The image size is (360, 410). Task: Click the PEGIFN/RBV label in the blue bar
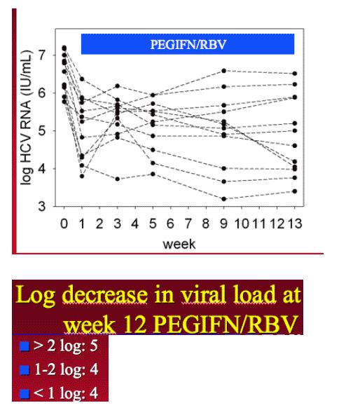tap(188, 44)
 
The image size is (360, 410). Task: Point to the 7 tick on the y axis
tap(42, 55)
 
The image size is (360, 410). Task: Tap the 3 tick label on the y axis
tap(42, 207)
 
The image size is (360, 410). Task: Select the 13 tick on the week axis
tap(295, 224)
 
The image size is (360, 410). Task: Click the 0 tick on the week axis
tap(64, 224)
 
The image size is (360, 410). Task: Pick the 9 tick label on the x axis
tap(223, 224)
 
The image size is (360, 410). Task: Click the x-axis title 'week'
tap(179, 244)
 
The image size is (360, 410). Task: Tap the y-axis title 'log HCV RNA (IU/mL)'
tap(27, 117)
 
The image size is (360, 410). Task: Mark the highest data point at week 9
tap(224, 71)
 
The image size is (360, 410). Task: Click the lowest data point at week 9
tap(224, 199)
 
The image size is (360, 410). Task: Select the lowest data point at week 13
tap(295, 191)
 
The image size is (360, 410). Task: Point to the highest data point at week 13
tap(295, 74)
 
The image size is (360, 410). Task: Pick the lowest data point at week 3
tap(118, 179)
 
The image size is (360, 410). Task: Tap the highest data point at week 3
tap(118, 86)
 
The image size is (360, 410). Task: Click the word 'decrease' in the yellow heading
tap(104, 294)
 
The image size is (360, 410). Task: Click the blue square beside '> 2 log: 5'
tap(25, 346)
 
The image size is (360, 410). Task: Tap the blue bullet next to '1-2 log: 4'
tap(25, 370)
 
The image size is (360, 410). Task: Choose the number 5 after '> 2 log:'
tap(94, 346)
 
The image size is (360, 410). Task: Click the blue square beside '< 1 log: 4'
tap(25, 394)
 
